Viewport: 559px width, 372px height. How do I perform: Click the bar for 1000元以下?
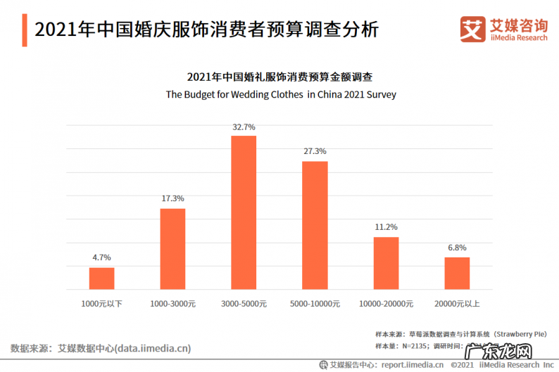(x=101, y=278)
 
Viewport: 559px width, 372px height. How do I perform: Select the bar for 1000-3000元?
(x=172, y=249)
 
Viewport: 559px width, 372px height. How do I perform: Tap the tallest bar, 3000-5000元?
(x=244, y=212)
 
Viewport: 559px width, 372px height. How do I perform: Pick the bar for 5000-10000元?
(x=315, y=225)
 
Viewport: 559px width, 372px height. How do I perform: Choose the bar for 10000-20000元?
(x=386, y=263)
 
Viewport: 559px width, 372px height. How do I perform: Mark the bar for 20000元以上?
(x=457, y=273)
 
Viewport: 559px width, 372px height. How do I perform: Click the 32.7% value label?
(x=244, y=127)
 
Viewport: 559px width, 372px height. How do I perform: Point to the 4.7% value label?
(x=101, y=258)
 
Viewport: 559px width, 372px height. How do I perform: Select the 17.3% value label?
(x=172, y=200)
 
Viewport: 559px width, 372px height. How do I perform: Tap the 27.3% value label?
(x=315, y=152)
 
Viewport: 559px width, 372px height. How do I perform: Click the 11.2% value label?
(x=386, y=227)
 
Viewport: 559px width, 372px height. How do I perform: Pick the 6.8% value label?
(x=457, y=248)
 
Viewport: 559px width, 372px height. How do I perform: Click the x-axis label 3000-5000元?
(x=244, y=304)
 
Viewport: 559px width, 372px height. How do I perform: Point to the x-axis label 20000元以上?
(x=457, y=304)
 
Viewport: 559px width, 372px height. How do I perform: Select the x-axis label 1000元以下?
(x=101, y=304)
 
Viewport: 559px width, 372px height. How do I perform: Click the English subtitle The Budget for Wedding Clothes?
(x=280, y=94)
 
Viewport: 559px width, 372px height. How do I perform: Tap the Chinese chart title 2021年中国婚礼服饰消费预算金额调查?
(x=280, y=77)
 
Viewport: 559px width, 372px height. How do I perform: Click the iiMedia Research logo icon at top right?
(x=472, y=29)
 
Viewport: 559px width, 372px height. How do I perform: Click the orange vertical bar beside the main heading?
(x=25, y=30)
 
